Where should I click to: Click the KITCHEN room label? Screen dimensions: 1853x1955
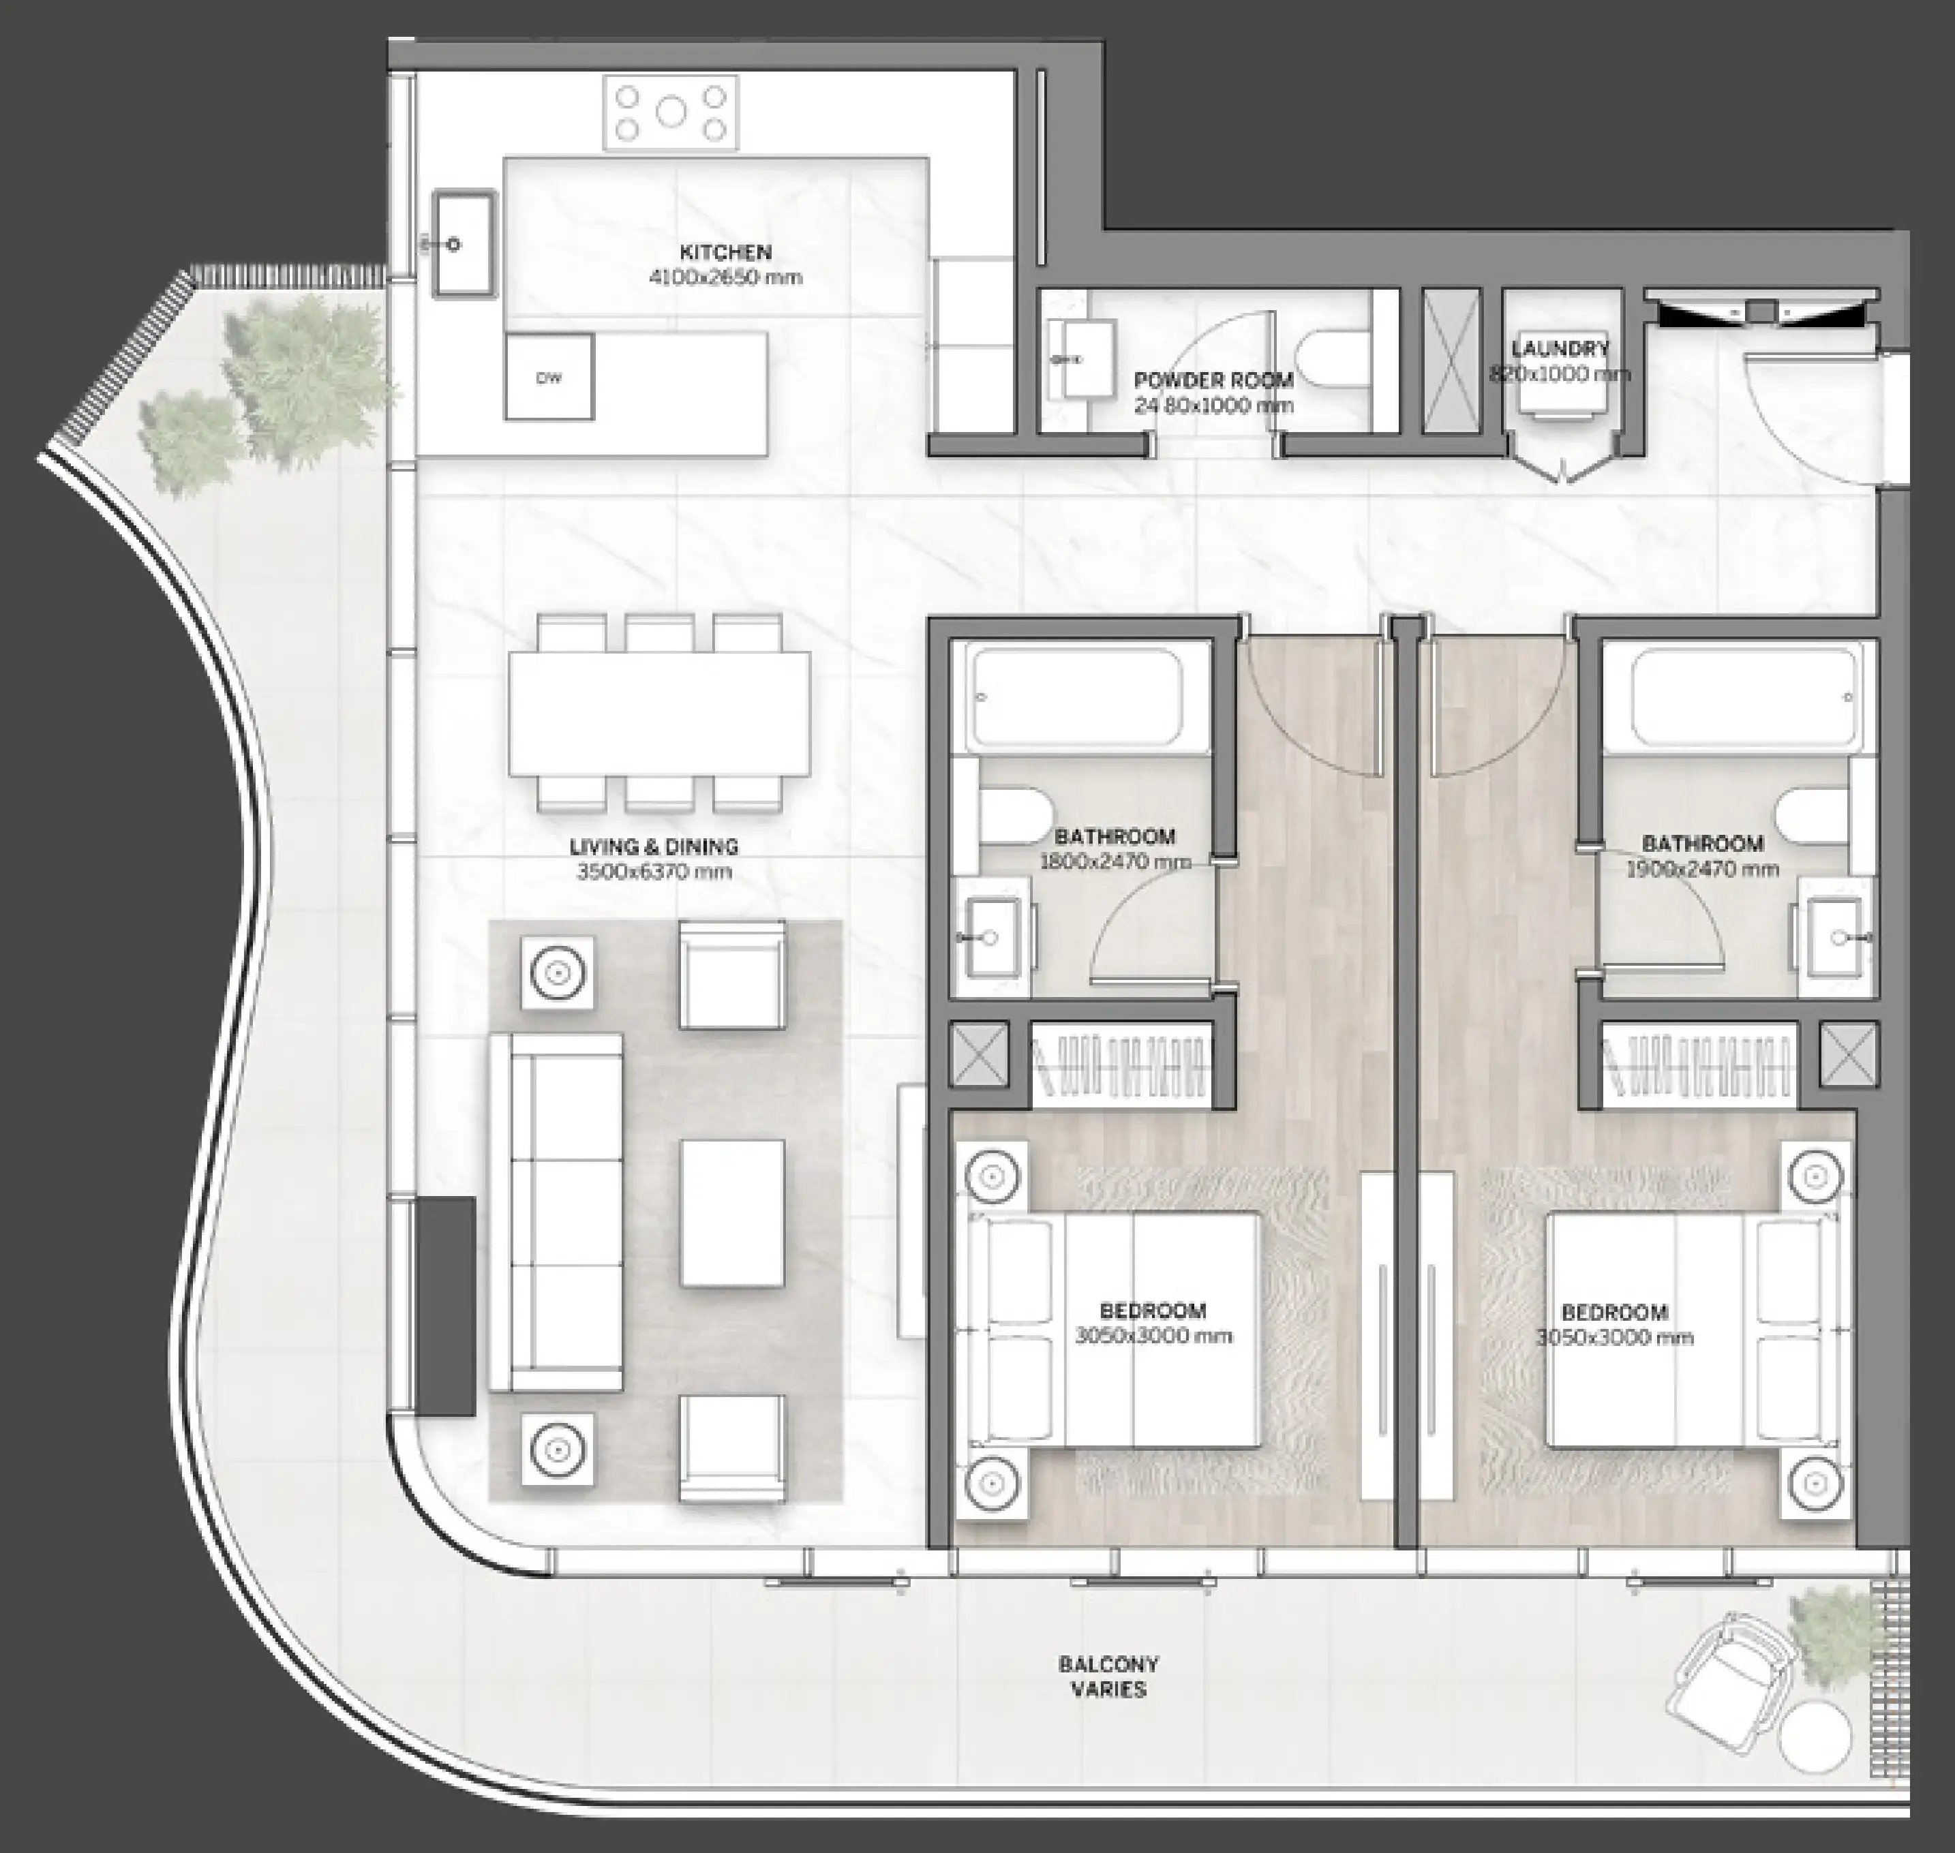point(725,252)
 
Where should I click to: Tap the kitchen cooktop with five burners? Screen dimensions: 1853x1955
point(671,114)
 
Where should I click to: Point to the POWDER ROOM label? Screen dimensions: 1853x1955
point(1213,380)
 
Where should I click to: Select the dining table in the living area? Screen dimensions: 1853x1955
point(659,713)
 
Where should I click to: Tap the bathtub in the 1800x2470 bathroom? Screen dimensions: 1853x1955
point(1077,696)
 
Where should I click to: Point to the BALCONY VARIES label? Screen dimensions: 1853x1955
point(1108,1676)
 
